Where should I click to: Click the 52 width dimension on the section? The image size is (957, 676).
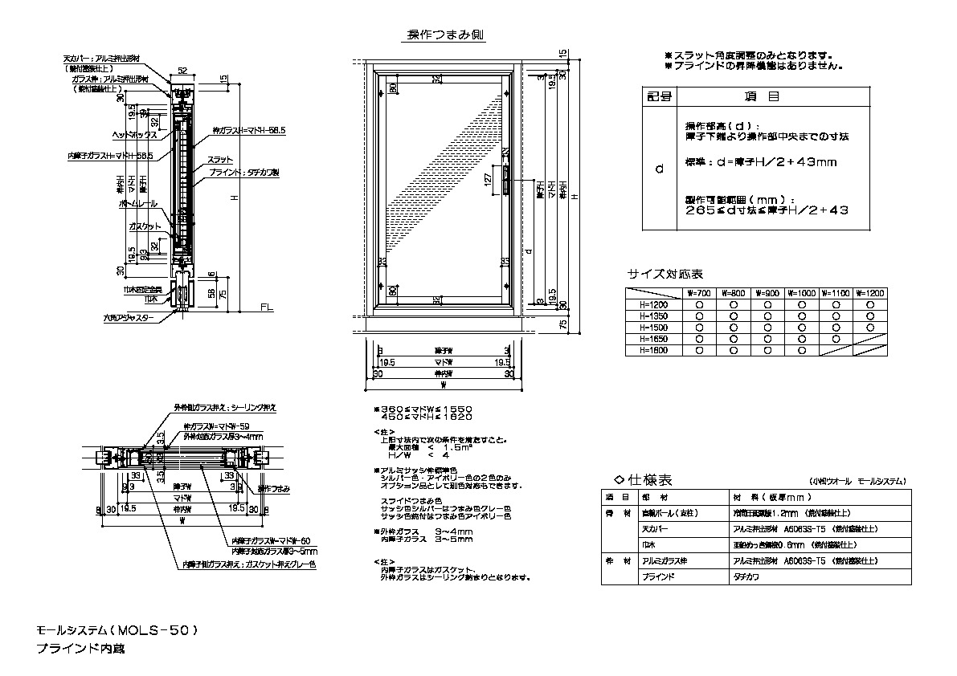[182, 71]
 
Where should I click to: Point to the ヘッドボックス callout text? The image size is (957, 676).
[135, 135]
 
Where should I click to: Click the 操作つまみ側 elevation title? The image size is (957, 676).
[445, 35]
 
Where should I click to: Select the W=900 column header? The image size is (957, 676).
[767, 294]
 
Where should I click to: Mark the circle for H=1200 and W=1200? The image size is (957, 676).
[870, 305]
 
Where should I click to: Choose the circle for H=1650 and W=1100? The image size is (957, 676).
[836, 339]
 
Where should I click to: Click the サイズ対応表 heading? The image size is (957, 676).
[665, 273]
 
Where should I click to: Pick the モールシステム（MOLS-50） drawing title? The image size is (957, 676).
[117, 631]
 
